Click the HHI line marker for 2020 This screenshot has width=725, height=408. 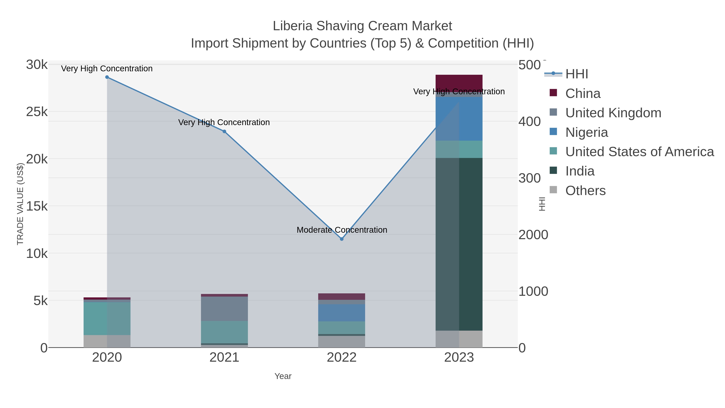click(x=107, y=77)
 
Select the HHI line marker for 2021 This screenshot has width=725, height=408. click(x=224, y=132)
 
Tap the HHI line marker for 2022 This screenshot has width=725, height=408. click(x=342, y=239)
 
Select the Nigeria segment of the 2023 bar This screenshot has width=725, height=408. click(x=459, y=118)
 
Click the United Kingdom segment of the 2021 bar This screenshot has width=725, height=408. click(x=224, y=309)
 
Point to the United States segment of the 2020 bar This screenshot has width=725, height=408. click(x=107, y=319)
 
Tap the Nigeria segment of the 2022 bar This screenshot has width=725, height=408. click(x=342, y=312)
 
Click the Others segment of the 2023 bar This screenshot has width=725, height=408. click(x=459, y=339)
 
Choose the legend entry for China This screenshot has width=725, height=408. click(x=583, y=93)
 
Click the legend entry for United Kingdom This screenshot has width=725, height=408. click(x=613, y=113)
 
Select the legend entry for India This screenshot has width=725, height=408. click(x=580, y=171)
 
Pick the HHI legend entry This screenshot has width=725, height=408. click(x=576, y=74)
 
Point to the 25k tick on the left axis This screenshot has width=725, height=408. click(x=37, y=112)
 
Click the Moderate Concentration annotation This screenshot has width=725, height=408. click(x=342, y=230)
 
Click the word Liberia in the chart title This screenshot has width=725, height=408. click(x=292, y=26)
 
